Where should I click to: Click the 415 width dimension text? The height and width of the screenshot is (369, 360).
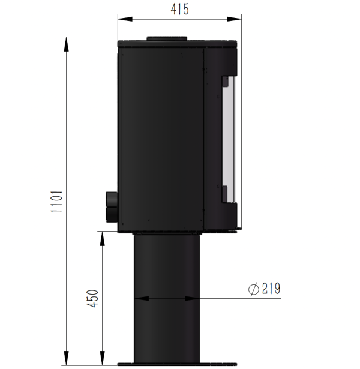tap(179, 9)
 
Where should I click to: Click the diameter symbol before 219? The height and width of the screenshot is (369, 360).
tap(253, 289)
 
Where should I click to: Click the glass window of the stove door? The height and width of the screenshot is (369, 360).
tap(229, 139)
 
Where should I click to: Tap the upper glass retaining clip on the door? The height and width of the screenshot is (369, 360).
tap(225, 85)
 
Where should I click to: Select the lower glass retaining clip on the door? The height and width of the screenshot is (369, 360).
tap(225, 193)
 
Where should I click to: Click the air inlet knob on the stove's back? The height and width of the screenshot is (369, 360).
tap(112, 206)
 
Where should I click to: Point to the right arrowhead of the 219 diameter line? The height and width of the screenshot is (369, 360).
tap(197, 298)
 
